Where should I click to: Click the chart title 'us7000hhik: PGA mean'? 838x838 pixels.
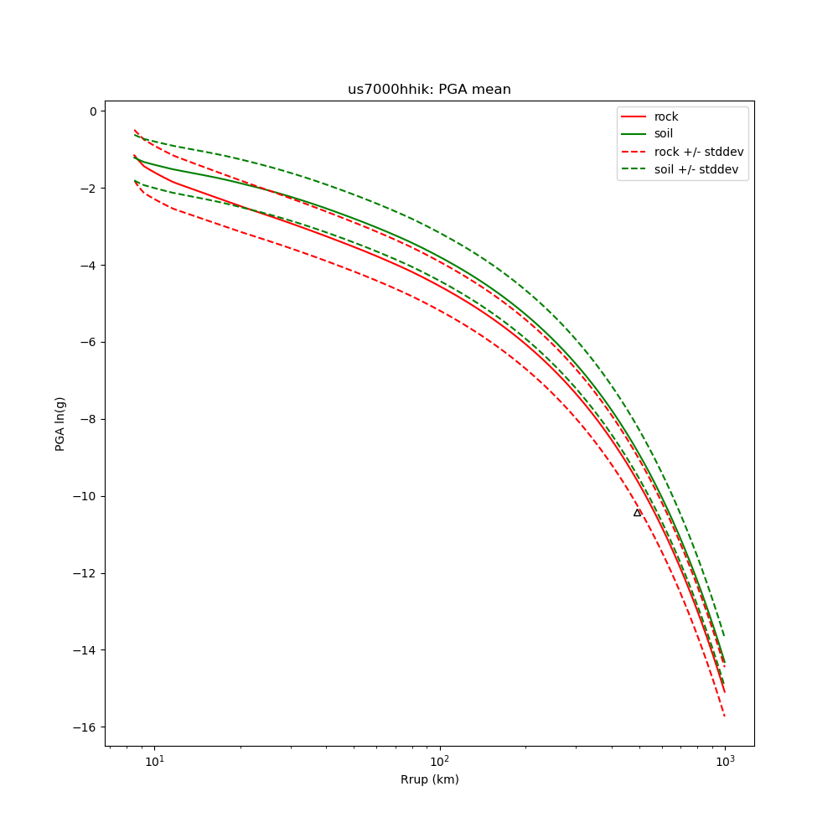point(429,90)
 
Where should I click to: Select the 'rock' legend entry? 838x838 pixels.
point(666,116)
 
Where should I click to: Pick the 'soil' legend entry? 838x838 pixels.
point(664,134)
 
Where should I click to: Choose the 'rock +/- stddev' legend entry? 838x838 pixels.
point(698,152)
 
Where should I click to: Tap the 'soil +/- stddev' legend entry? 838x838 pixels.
point(698,169)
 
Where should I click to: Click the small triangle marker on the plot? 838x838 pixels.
point(637,513)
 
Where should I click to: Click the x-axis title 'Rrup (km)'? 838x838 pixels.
point(429,780)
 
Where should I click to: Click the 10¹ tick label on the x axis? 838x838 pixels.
point(153,760)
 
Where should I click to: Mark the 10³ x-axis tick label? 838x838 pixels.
point(725,760)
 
